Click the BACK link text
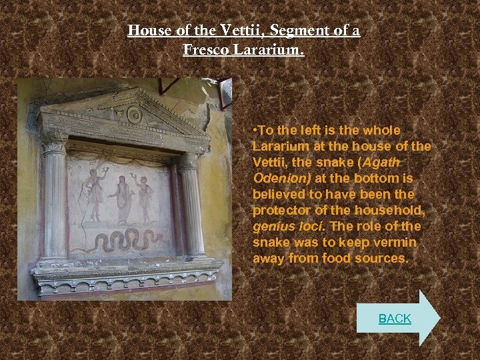[x=395, y=319]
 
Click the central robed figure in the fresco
[x=123, y=199]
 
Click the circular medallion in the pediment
[x=135, y=114]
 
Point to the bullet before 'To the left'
[x=255, y=131]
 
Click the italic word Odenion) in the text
[x=282, y=178]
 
